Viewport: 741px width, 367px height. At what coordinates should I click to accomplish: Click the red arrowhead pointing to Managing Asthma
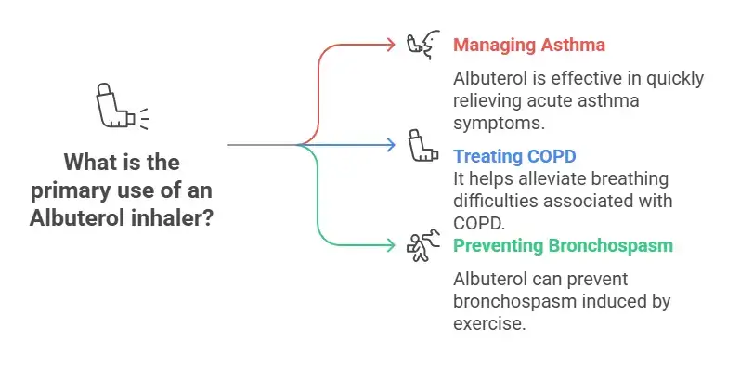click(391, 44)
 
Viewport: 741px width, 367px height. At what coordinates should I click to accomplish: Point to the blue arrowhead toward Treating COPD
click(391, 144)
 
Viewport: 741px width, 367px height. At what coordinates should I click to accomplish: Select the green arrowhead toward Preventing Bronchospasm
click(391, 245)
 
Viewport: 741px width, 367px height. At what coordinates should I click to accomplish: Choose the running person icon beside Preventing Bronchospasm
click(422, 247)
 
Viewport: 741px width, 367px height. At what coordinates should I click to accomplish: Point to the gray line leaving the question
click(260, 145)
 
